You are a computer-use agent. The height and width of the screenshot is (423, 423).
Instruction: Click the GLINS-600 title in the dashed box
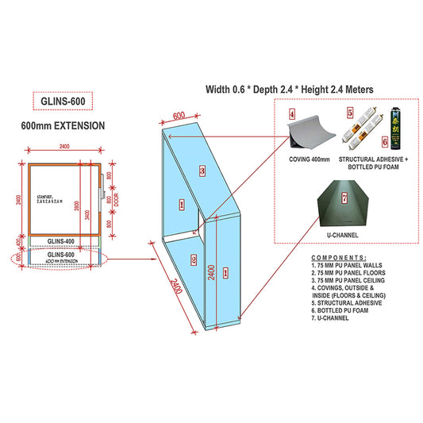(62, 101)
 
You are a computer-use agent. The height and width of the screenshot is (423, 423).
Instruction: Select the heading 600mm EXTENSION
(62, 126)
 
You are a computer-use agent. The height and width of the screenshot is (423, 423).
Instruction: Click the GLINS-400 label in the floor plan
(61, 240)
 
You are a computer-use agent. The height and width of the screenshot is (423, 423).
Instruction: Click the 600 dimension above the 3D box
(179, 116)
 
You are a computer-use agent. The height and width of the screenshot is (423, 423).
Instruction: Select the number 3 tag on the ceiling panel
(203, 170)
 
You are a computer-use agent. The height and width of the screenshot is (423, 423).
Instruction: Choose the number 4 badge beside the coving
(291, 113)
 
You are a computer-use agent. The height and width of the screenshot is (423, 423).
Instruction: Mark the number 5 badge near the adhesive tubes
(350, 113)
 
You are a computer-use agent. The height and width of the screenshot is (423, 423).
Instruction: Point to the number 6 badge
(386, 142)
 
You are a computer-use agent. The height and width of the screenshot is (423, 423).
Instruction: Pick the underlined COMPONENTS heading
(340, 258)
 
